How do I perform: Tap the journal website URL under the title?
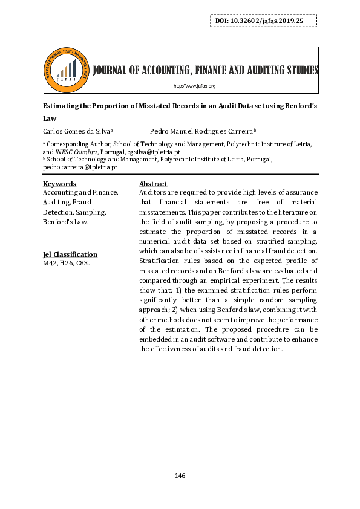[x=195, y=86]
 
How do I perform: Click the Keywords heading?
[x=59, y=184]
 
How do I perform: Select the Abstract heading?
[x=153, y=184]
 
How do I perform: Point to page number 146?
[x=180, y=475]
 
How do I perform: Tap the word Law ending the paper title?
[x=49, y=118]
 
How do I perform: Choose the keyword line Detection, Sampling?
[x=74, y=212]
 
